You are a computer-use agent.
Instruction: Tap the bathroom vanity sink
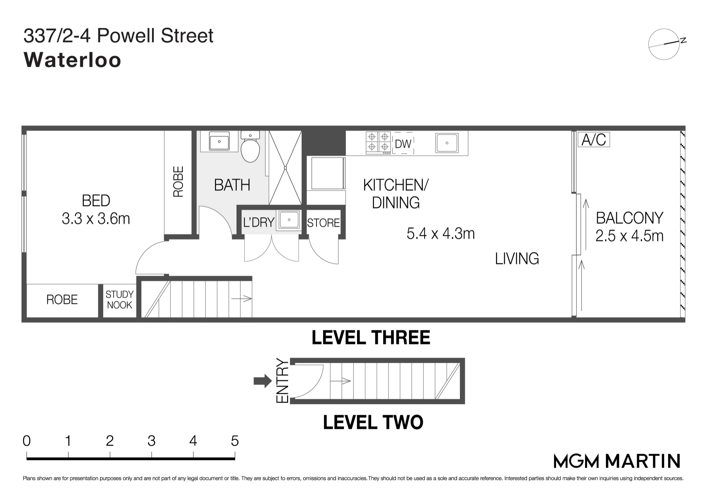(x=219, y=142)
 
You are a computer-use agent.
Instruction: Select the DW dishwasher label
(x=403, y=144)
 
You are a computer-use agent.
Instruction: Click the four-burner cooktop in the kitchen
(x=378, y=142)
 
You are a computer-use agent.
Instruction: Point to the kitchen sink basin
(x=447, y=143)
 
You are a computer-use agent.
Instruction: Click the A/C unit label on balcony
(x=594, y=140)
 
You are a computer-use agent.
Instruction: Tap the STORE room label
(x=323, y=223)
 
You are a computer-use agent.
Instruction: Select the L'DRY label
(x=259, y=222)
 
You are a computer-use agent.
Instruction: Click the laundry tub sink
(x=290, y=220)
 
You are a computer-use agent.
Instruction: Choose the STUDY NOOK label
(x=119, y=300)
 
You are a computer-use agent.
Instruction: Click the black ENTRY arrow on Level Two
(x=263, y=381)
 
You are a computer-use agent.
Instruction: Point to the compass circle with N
(x=664, y=44)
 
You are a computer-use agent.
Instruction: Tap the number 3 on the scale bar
(x=151, y=441)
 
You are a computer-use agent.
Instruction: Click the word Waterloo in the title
(x=72, y=60)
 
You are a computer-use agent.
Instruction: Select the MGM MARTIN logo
(x=617, y=461)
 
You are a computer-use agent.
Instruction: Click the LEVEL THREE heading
(x=371, y=337)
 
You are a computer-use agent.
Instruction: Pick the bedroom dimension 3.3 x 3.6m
(x=96, y=219)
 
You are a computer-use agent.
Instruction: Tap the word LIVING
(x=517, y=258)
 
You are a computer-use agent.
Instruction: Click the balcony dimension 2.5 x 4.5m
(x=629, y=236)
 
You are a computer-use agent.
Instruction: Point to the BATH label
(x=232, y=185)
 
